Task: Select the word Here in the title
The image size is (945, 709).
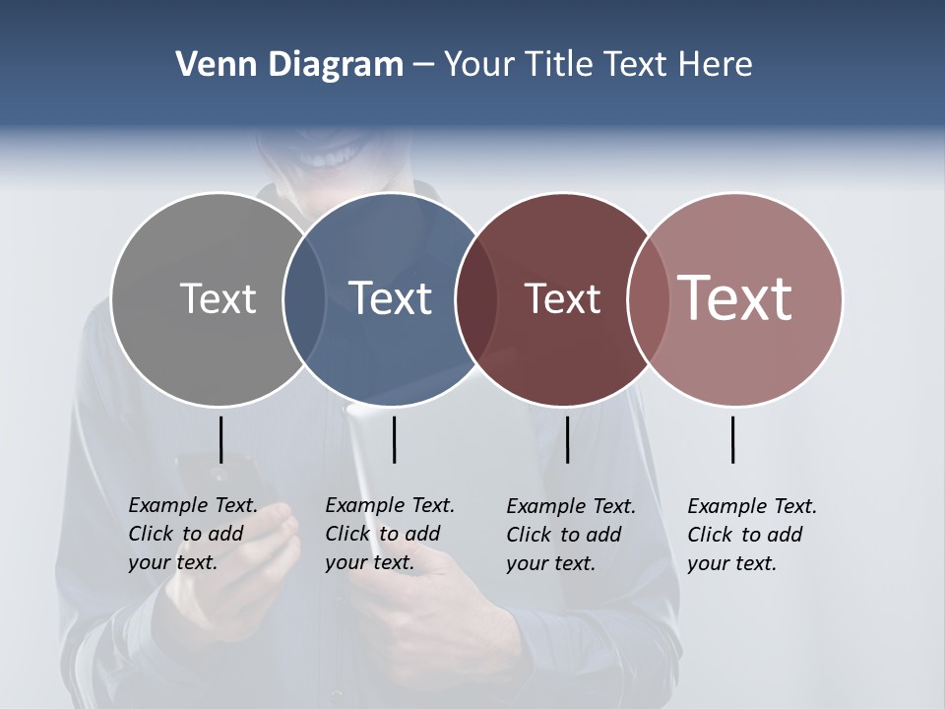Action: pos(716,65)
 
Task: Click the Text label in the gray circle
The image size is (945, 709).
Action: pos(218,298)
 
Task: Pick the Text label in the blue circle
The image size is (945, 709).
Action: pos(390,298)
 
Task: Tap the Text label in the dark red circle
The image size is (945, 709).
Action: pos(562,298)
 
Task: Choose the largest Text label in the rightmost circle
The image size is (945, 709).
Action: pos(735,297)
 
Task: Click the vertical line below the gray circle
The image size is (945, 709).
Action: pos(220,439)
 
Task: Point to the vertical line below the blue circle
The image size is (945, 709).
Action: pos(394,439)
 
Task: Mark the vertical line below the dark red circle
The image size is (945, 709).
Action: pos(567,439)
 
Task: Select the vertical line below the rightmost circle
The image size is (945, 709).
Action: pos(732,439)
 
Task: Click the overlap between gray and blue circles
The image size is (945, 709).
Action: pos(304,299)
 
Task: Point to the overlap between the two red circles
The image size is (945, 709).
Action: pos(646,299)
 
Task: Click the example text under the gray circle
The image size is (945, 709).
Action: pos(193,534)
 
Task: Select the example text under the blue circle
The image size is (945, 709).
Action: pos(390,534)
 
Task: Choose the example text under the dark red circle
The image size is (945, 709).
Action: pos(571,535)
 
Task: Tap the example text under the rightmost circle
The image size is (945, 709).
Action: pos(752,535)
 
